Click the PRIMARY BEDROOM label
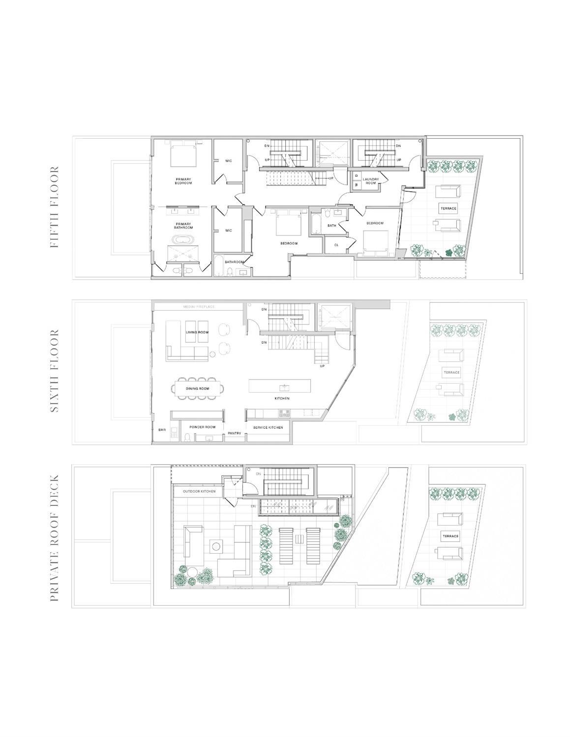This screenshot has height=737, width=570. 183,180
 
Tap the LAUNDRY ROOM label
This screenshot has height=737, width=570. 370,181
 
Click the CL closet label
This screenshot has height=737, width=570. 336,245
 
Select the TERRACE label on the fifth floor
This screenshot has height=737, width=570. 448,208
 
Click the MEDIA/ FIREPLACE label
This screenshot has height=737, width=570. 199,307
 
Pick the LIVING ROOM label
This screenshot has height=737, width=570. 197,332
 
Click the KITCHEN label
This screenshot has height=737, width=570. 282,398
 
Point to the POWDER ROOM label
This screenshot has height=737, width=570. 202,427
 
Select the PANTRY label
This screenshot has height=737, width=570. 234,433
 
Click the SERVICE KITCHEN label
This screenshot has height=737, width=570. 268,427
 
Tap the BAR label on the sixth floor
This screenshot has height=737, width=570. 162,430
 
